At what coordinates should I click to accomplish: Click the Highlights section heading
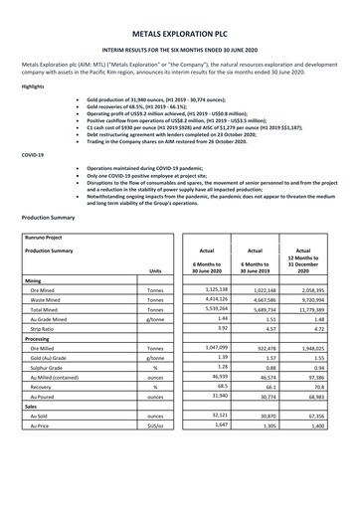click(33, 87)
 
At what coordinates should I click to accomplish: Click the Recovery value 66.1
click(269, 389)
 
